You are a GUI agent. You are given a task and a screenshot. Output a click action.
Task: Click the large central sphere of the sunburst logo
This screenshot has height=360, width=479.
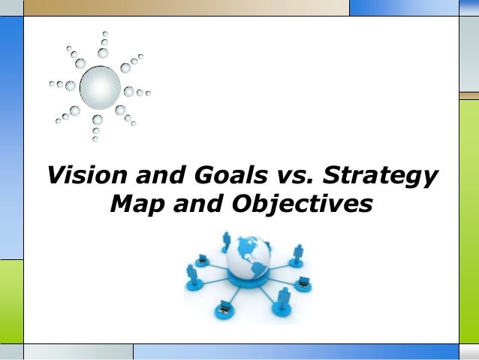tap(100, 88)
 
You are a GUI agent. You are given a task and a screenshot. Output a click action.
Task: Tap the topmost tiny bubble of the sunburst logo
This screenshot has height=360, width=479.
tap(105, 34)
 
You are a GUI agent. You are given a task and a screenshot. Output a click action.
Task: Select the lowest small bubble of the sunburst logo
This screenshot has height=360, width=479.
tap(95, 139)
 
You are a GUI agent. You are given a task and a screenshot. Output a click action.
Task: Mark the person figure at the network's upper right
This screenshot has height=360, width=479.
tap(297, 252)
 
